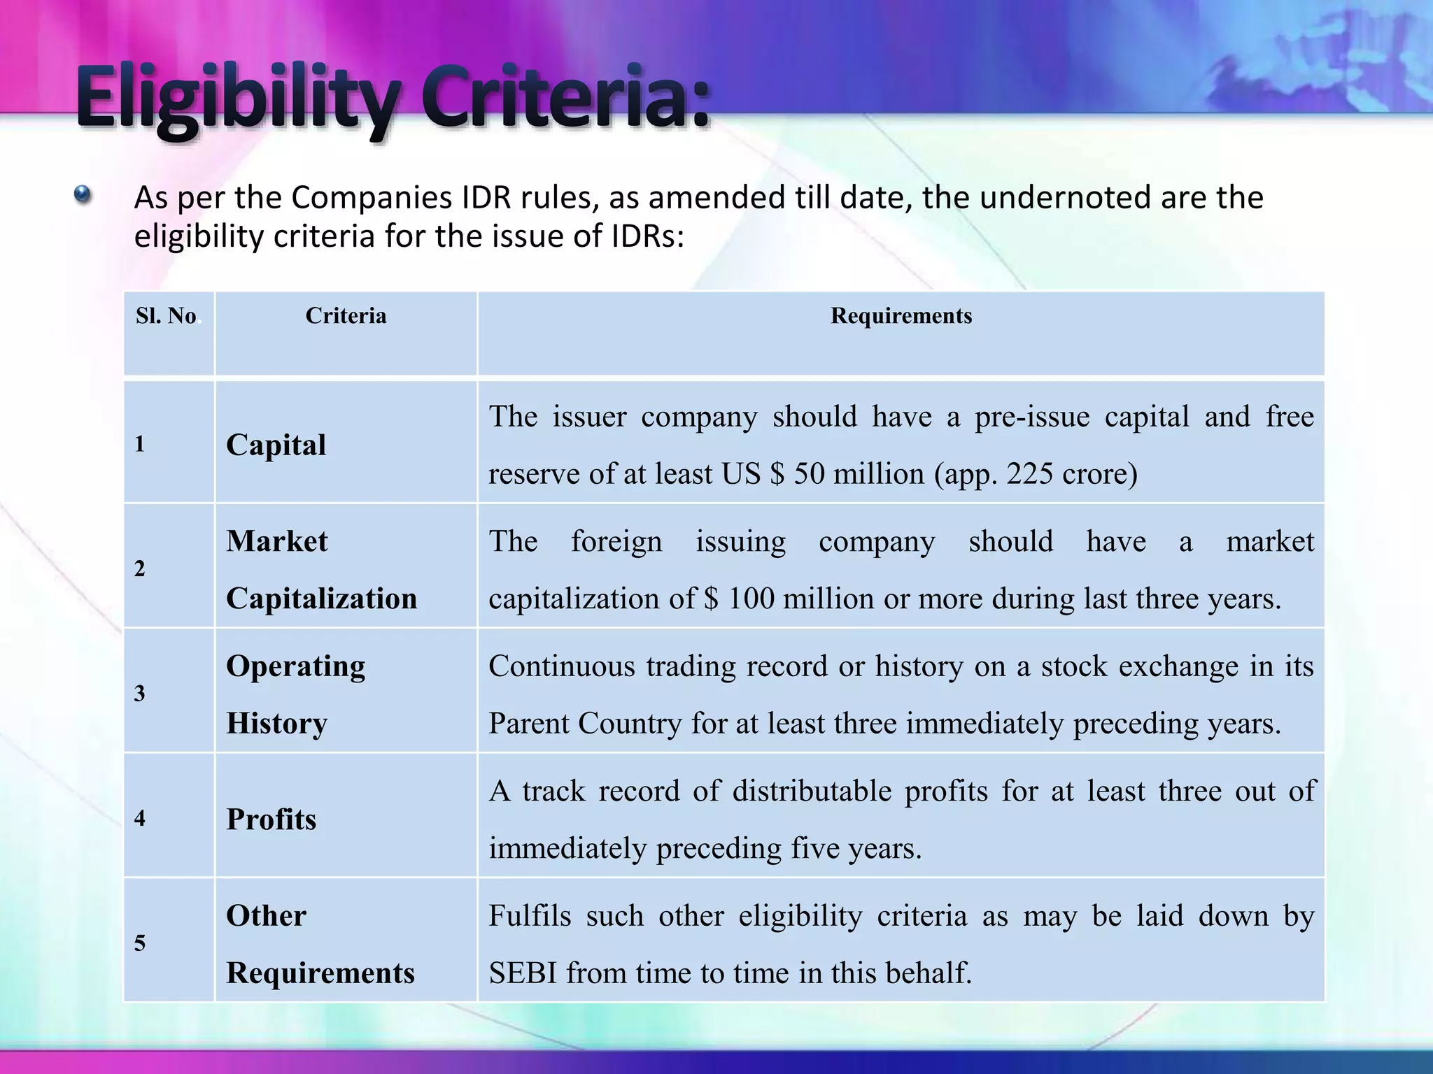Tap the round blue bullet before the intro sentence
(x=83, y=194)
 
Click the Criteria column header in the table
(x=346, y=316)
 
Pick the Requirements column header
(x=901, y=316)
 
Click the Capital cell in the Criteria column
(x=276, y=445)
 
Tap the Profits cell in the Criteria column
(x=271, y=819)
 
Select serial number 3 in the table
(x=140, y=693)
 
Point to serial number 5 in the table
(x=140, y=943)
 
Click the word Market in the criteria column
(x=277, y=541)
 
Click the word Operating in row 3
(x=295, y=666)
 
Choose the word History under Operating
(x=277, y=723)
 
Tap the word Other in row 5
(x=267, y=916)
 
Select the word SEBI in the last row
(x=522, y=973)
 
